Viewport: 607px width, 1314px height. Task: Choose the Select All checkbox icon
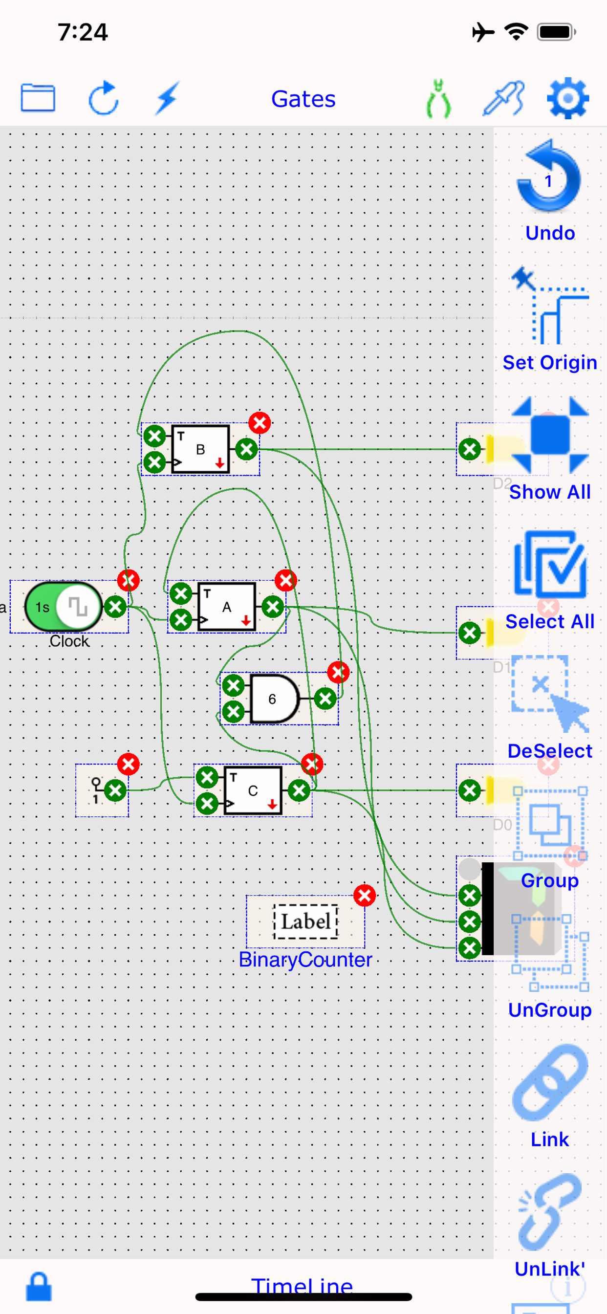pyautogui.click(x=550, y=564)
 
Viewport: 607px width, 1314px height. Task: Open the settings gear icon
pyautogui.click(x=567, y=98)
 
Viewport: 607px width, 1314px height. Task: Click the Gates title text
pyautogui.click(x=303, y=99)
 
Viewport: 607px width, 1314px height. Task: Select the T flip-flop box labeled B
pyautogui.click(x=200, y=449)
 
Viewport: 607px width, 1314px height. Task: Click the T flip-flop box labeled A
pyautogui.click(x=226, y=607)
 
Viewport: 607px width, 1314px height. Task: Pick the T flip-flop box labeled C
pyautogui.click(x=253, y=790)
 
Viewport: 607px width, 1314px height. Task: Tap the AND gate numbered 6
pyautogui.click(x=273, y=699)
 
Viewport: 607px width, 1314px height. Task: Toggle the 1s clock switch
pyautogui.click(x=63, y=607)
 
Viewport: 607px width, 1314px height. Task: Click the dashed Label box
pyautogui.click(x=306, y=921)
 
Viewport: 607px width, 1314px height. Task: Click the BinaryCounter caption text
pyautogui.click(x=305, y=960)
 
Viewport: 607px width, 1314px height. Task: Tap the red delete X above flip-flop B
pyautogui.click(x=260, y=423)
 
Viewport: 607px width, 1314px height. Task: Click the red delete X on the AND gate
pyautogui.click(x=338, y=672)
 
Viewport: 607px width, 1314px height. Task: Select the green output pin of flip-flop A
pyautogui.click(x=273, y=607)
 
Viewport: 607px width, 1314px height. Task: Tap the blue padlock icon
pyautogui.click(x=39, y=1287)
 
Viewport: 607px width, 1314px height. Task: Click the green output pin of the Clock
pyautogui.click(x=115, y=607)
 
